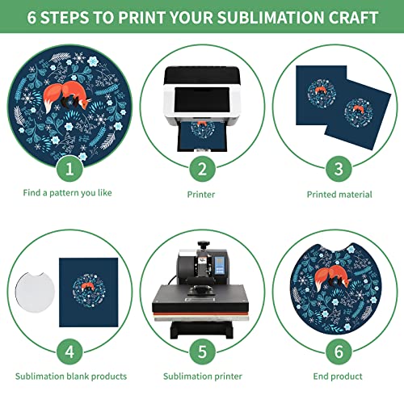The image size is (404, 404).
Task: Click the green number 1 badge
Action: (x=68, y=168)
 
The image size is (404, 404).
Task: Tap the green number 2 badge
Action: (x=201, y=168)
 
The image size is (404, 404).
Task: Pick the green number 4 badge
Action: (x=68, y=350)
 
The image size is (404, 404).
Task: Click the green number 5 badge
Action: (x=201, y=350)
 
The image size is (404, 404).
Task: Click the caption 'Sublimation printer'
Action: (x=201, y=377)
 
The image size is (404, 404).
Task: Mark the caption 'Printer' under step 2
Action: (x=201, y=194)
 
